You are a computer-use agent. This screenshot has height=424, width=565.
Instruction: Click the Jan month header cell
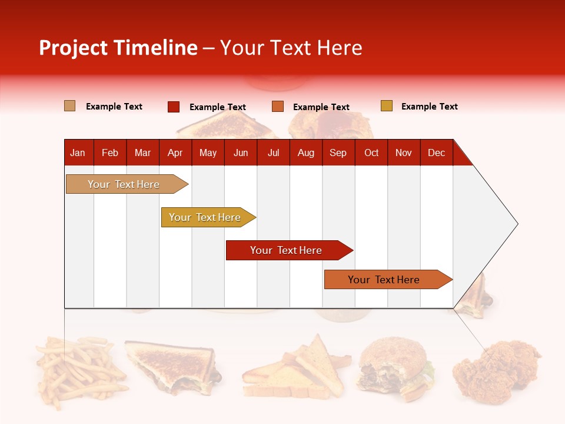[x=78, y=153]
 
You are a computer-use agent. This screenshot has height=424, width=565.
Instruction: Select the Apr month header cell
[x=175, y=153]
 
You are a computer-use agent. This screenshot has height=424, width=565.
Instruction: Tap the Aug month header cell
[x=306, y=153]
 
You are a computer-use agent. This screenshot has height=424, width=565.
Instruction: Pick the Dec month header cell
[x=436, y=153]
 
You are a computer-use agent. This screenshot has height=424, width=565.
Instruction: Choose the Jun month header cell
[x=241, y=153]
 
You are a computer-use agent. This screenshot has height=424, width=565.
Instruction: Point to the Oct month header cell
[x=371, y=153]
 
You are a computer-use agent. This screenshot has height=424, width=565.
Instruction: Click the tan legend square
[x=70, y=106]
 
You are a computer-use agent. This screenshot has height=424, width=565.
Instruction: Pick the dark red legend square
[x=174, y=107]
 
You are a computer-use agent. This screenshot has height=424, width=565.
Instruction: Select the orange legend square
[x=278, y=107]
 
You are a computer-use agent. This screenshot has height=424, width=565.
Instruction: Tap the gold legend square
[x=387, y=106]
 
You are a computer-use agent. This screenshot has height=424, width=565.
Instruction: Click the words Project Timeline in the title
[x=118, y=48]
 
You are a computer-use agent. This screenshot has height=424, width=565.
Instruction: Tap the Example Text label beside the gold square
[x=429, y=107]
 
